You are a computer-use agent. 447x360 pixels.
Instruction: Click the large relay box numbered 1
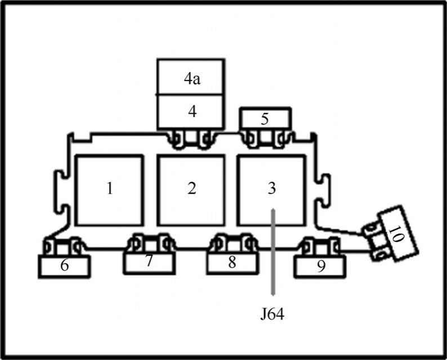coord(109,189)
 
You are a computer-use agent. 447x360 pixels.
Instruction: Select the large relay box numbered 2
coord(191,189)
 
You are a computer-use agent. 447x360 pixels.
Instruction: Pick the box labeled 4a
coord(191,78)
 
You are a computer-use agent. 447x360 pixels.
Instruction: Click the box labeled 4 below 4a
coord(191,112)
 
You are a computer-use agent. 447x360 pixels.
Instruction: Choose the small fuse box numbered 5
coord(265,118)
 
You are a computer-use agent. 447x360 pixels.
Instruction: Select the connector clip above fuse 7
coord(149,242)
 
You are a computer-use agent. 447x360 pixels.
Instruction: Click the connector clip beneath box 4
coord(192,138)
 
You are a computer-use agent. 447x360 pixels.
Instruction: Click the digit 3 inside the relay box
coord(272,188)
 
